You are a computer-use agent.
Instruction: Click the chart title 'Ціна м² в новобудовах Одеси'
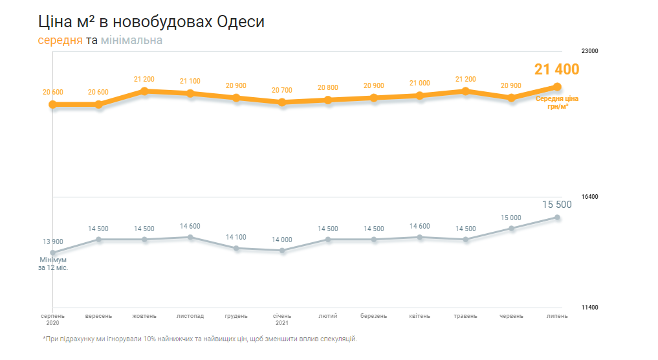tap(151, 21)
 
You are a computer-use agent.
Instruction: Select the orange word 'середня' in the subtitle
tap(60, 40)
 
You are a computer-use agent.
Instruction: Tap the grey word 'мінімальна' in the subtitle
tap(131, 40)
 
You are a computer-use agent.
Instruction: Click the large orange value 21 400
tap(556, 70)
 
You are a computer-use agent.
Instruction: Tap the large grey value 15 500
tap(556, 205)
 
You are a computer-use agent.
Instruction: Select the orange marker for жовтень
tap(144, 91)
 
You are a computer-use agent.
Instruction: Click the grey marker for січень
tap(282, 251)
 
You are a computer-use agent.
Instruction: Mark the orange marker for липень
tap(557, 87)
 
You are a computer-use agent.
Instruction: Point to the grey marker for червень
tap(511, 229)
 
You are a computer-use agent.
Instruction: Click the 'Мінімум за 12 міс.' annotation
tap(53, 263)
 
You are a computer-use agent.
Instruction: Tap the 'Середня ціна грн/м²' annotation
tap(557, 102)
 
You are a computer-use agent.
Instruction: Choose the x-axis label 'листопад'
tap(190, 316)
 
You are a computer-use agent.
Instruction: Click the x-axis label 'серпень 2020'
tap(52, 319)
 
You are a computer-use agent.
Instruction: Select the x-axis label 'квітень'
tap(420, 316)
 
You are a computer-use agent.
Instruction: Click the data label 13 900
tap(53, 242)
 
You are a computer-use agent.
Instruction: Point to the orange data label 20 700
tap(282, 90)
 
